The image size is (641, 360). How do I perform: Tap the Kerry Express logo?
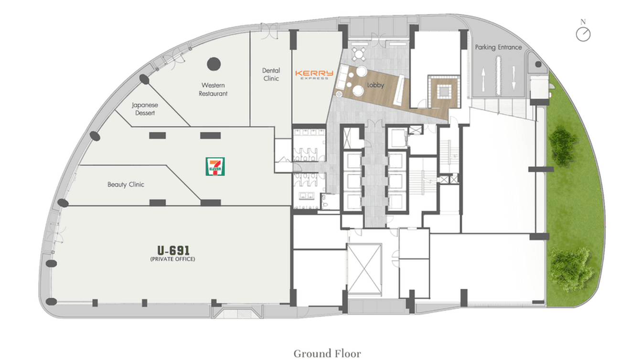pos(314,74)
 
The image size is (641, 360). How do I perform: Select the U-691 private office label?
pos(173,253)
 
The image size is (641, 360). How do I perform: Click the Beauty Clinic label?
pos(126,184)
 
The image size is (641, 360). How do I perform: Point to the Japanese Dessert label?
pos(145,109)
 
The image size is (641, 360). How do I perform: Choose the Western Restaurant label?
pos(213,90)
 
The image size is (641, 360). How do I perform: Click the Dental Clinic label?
pos(271,74)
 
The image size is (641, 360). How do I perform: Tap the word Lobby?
pos(375,85)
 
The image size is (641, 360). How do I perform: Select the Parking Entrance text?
pos(498,47)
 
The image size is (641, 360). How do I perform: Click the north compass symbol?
pos(583,33)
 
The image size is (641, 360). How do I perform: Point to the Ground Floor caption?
pos(327,353)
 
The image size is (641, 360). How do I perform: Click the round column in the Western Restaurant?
pos(214,64)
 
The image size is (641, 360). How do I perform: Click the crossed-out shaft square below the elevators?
pos(364,268)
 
